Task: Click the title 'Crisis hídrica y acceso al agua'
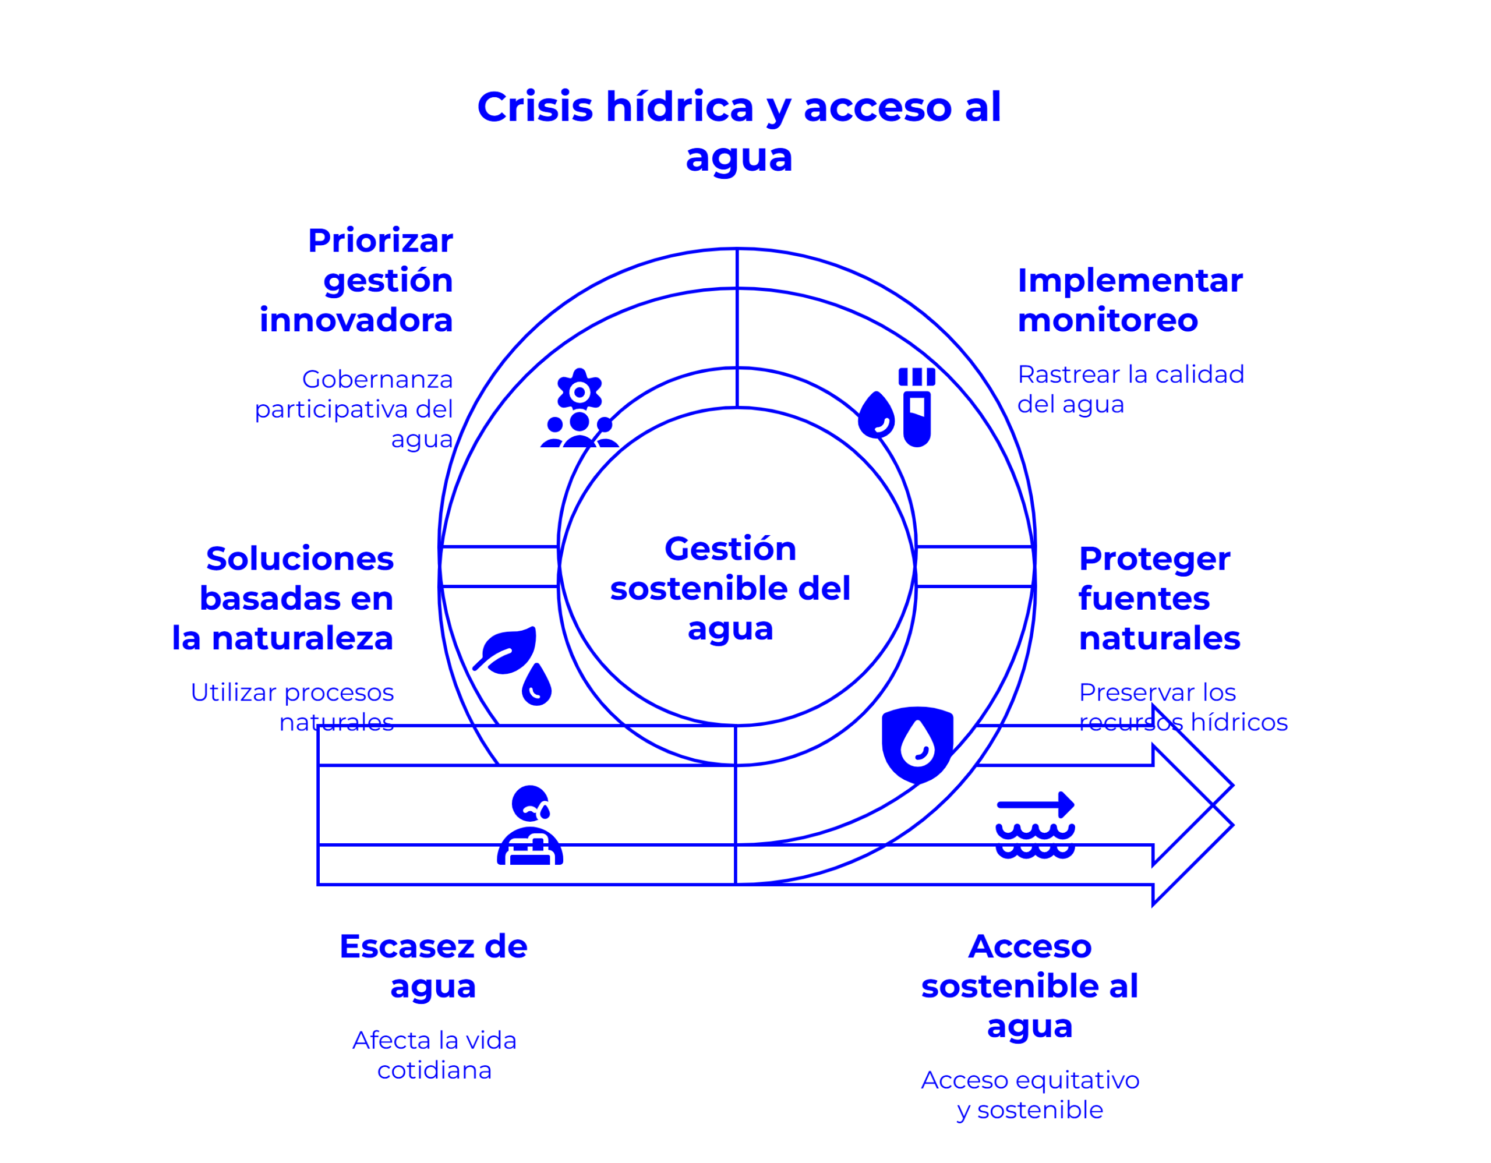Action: (x=739, y=131)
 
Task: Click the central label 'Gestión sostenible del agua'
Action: (x=730, y=588)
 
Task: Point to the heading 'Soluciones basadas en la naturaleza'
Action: (x=283, y=598)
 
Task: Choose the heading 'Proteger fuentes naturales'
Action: (x=1158, y=598)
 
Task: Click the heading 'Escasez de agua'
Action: (x=433, y=966)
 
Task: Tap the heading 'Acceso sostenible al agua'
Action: (x=1030, y=985)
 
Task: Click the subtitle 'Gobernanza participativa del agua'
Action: (x=354, y=409)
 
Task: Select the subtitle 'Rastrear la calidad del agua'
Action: (x=1130, y=389)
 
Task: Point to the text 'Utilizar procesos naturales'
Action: (x=293, y=707)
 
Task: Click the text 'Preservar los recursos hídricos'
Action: (x=1182, y=707)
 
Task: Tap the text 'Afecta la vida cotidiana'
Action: (x=434, y=1055)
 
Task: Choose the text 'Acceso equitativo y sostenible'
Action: (x=1030, y=1095)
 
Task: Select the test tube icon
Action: (x=916, y=408)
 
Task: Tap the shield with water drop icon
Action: (x=917, y=744)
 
